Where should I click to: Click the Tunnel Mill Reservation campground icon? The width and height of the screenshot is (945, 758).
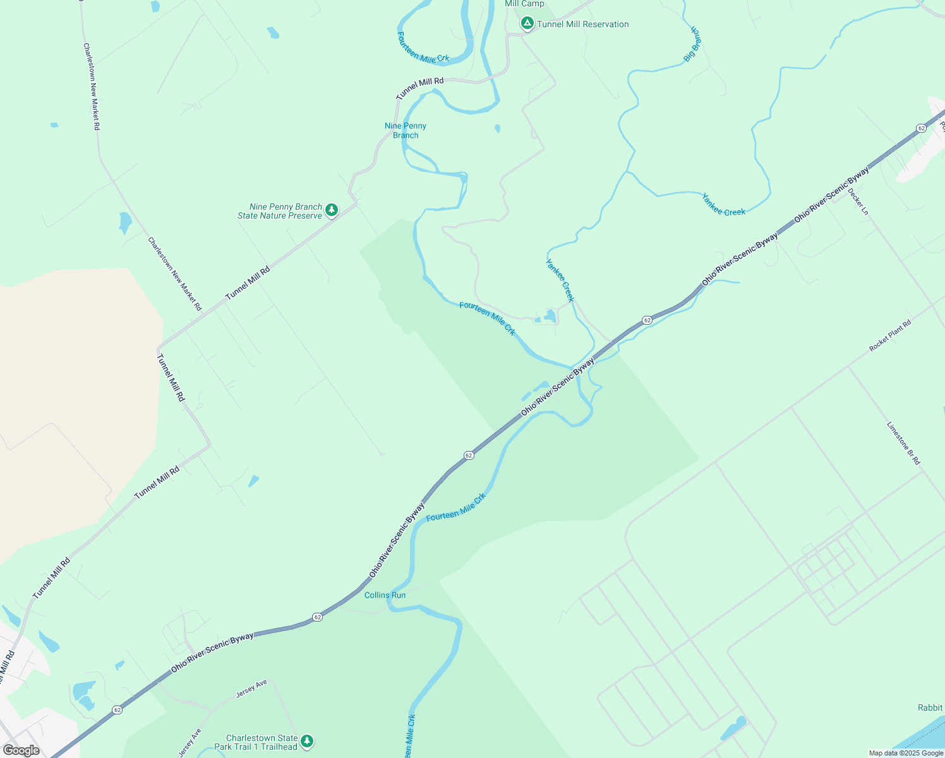point(527,23)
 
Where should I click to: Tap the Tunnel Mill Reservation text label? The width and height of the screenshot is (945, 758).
point(582,25)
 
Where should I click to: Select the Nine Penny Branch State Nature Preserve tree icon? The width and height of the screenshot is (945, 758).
point(331,210)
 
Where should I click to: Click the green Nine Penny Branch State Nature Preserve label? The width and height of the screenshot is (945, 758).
point(280,211)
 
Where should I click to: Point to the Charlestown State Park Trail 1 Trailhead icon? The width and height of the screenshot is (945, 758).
point(306,741)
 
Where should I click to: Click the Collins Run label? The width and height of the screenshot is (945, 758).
point(385,595)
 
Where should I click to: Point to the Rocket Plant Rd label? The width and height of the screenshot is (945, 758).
point(890,335)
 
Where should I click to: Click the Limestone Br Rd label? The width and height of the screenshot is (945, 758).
point(903,443)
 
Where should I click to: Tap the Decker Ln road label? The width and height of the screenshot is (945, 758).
point(858,202)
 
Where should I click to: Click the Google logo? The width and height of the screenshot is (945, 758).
point(21,750)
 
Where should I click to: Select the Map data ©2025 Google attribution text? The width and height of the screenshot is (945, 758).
point(906,753)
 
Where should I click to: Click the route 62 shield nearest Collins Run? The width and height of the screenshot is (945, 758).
point(317,617)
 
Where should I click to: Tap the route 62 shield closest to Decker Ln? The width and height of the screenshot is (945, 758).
point(921,128)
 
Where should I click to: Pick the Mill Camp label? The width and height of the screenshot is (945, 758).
point(524,4)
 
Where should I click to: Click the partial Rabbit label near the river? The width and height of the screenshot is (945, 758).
point(930,707)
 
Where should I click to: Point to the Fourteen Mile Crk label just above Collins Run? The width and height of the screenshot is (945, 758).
point(455,507)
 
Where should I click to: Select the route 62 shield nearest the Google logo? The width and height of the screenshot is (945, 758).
point(117,710)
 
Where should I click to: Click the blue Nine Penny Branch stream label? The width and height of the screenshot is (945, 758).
point(406,130)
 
